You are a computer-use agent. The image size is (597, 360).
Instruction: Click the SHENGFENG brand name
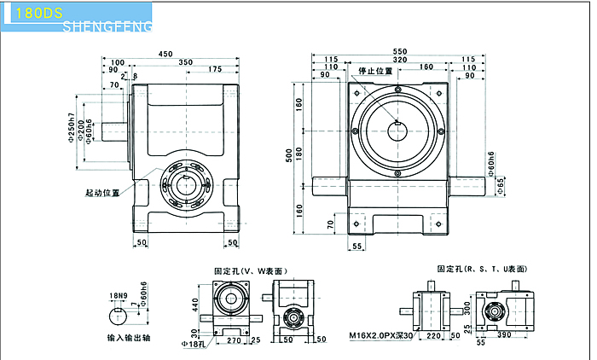point(108,27)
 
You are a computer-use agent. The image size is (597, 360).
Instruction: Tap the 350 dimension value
point(185,62)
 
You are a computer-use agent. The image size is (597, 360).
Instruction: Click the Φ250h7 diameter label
point(72,128)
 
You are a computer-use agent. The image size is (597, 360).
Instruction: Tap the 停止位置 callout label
point(376,72)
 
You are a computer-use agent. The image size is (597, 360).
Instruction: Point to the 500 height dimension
point(290,156)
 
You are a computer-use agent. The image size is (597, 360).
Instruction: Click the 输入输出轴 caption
point(127,337)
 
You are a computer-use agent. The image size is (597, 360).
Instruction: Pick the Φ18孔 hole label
point(194,343)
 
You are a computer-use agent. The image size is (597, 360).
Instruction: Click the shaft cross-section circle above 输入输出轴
point(119,316)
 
